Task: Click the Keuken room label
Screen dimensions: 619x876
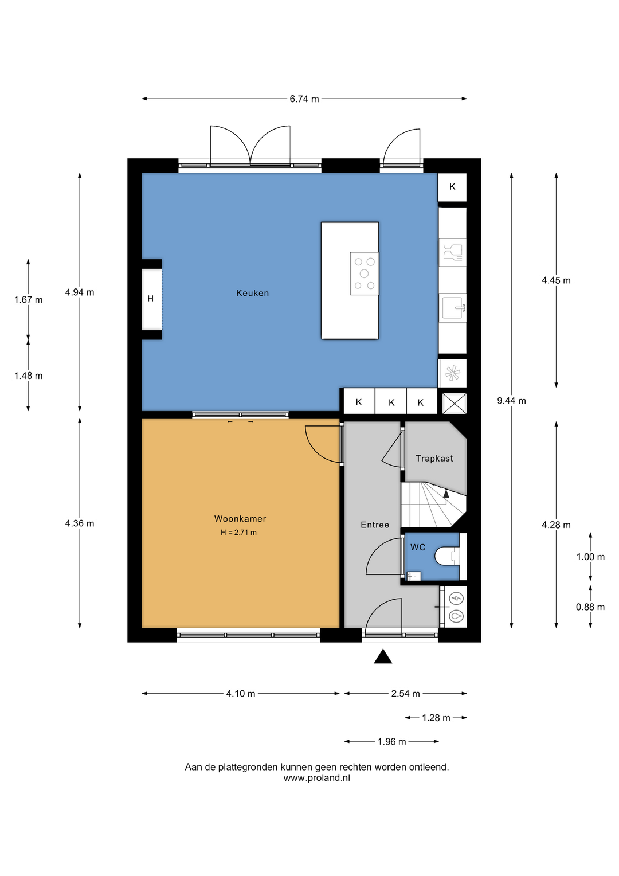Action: point(252,293)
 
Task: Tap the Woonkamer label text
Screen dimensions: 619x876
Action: point(240,519)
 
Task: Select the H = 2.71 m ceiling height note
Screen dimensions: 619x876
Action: point(238,532)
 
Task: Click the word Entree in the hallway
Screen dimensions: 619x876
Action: point(375,525)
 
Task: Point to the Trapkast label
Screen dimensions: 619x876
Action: point(434,458)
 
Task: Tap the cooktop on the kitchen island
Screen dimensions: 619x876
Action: point(365,273)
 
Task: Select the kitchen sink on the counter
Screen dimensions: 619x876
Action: point(452,308)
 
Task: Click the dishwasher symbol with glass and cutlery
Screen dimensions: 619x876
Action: point(452,252)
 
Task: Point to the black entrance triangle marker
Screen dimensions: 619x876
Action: point(383,656)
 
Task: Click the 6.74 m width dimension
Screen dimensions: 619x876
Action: point(304,99)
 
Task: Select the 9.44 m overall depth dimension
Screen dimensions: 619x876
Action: point(511,401)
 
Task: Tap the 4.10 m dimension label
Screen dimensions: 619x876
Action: point(241,694)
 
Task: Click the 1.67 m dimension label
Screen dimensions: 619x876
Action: point(29,300)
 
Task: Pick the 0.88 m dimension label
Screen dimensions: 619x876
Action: point(590,607)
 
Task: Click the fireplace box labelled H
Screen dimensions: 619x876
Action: point(151,299)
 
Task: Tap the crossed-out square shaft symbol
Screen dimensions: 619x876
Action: point(455,403)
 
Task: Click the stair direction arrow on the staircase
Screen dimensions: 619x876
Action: point(446,494)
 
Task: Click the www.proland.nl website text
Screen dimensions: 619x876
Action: point(317,778)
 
